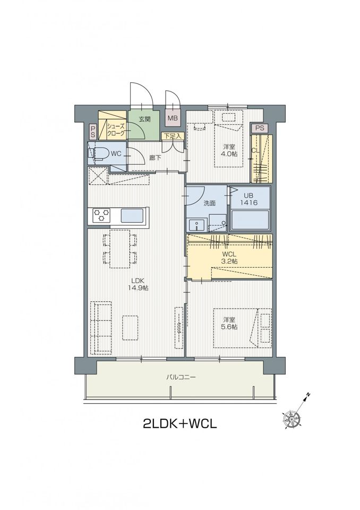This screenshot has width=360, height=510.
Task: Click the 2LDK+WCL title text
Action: click(180, 423)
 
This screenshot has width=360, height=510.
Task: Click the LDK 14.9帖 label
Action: click(140, 284)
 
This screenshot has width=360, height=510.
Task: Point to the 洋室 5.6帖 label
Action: click(229, 323)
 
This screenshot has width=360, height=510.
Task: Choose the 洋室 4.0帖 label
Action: click(229, 150)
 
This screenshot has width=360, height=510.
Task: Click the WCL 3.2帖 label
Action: click(229, 258)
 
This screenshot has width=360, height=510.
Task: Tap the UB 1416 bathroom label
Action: click(249, 199)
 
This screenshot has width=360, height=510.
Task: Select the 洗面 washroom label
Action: click(209, 203)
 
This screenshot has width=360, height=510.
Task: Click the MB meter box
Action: click(173, 118)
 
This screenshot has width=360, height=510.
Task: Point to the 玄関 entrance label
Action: click(145, 119)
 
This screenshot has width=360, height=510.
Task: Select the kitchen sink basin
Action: click(132, 216)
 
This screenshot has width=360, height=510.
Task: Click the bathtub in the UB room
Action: click(250, 220)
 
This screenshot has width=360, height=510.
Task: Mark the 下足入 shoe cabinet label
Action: click(173, 137)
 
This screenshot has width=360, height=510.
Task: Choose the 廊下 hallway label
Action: click(155, 158)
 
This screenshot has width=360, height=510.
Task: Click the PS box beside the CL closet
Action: click(260, 128)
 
